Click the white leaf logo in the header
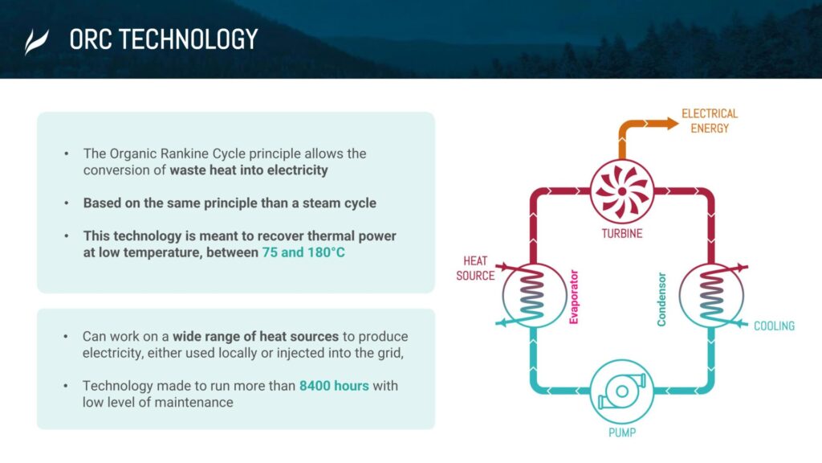[36, 42]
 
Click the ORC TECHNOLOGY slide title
[164, 39]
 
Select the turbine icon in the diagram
[622, 191]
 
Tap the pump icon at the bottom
[622, 391]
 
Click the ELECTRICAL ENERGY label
[710, 121]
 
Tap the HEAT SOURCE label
[475, 268]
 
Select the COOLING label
[774, 326]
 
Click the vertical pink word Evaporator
[573, 297]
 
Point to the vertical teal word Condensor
[661, 299]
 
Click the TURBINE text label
[622, 234]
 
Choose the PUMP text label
[622, 432]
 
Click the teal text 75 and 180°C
[303, 252]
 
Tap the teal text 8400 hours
[334, 386]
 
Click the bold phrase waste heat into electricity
[249, 170]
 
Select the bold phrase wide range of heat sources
[256, 336]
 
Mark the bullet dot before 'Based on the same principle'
[67, 203]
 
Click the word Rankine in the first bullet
[184, 154]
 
